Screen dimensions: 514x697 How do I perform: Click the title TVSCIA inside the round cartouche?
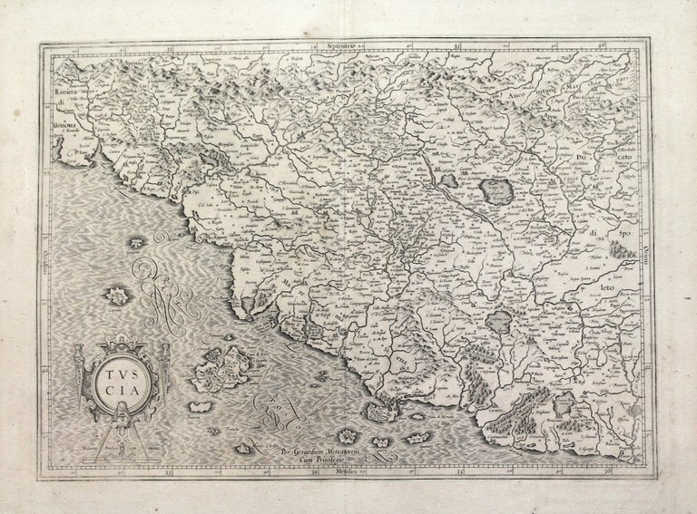click(122, 380)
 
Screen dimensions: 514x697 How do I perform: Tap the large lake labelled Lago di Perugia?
click(496, 191)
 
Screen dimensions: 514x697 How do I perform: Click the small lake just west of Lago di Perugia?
click(449, 180)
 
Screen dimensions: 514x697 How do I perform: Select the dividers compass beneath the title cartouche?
click(122, 426)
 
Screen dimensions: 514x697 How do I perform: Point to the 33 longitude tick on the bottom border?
click(167, 472)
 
